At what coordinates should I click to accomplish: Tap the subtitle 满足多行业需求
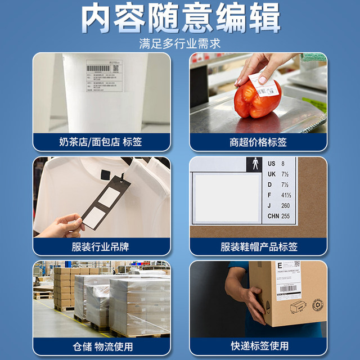point(180,43)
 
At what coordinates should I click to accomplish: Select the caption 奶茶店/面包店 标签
point(101,142)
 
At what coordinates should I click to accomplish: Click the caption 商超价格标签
point(258,142)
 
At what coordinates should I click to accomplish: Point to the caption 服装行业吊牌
point(101,246)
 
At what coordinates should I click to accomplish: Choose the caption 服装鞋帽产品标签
point(258,246)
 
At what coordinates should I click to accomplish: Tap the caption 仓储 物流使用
point(101,345)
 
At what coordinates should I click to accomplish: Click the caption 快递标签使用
point(258,345)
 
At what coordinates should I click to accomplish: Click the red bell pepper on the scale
point(256,102)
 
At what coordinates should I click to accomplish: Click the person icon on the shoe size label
point(254,165)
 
